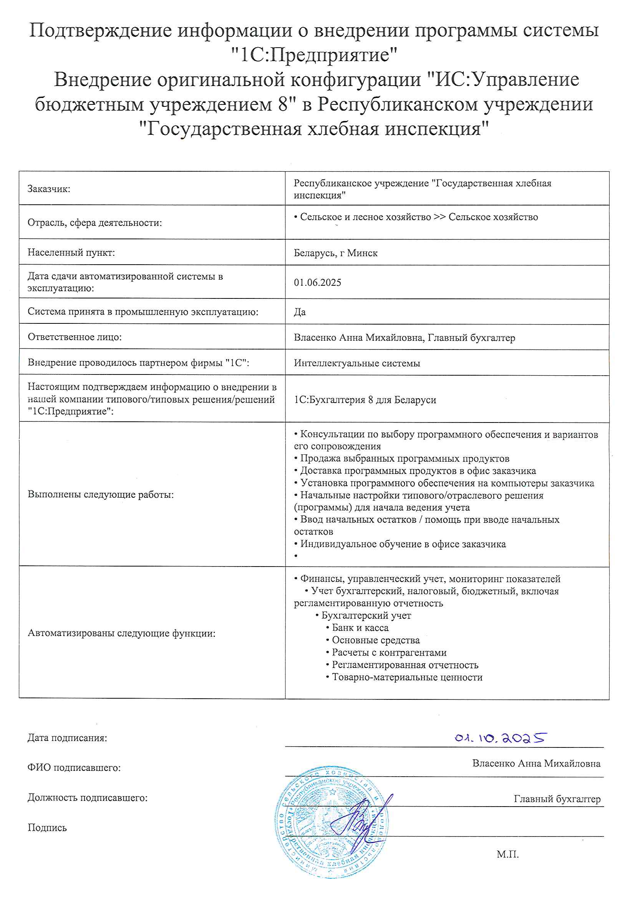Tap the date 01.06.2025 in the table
[317, 282]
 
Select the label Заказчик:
[49, 189]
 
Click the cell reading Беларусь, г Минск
[335, 253]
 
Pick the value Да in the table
[300, 312]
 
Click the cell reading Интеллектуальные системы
[357, 363]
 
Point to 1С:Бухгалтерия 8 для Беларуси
[365, 400]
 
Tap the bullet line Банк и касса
[360, 628]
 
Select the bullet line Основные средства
[375, 640]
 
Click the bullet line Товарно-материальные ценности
[406, 677]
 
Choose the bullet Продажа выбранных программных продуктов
[404, 458]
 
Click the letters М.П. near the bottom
[507, 855]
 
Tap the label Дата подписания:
[67, 738]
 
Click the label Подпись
[47, 828]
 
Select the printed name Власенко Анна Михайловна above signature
[536, 764]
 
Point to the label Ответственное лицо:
[75, 337]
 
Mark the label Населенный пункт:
[71, 253]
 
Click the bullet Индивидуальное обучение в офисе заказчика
[403, 544]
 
